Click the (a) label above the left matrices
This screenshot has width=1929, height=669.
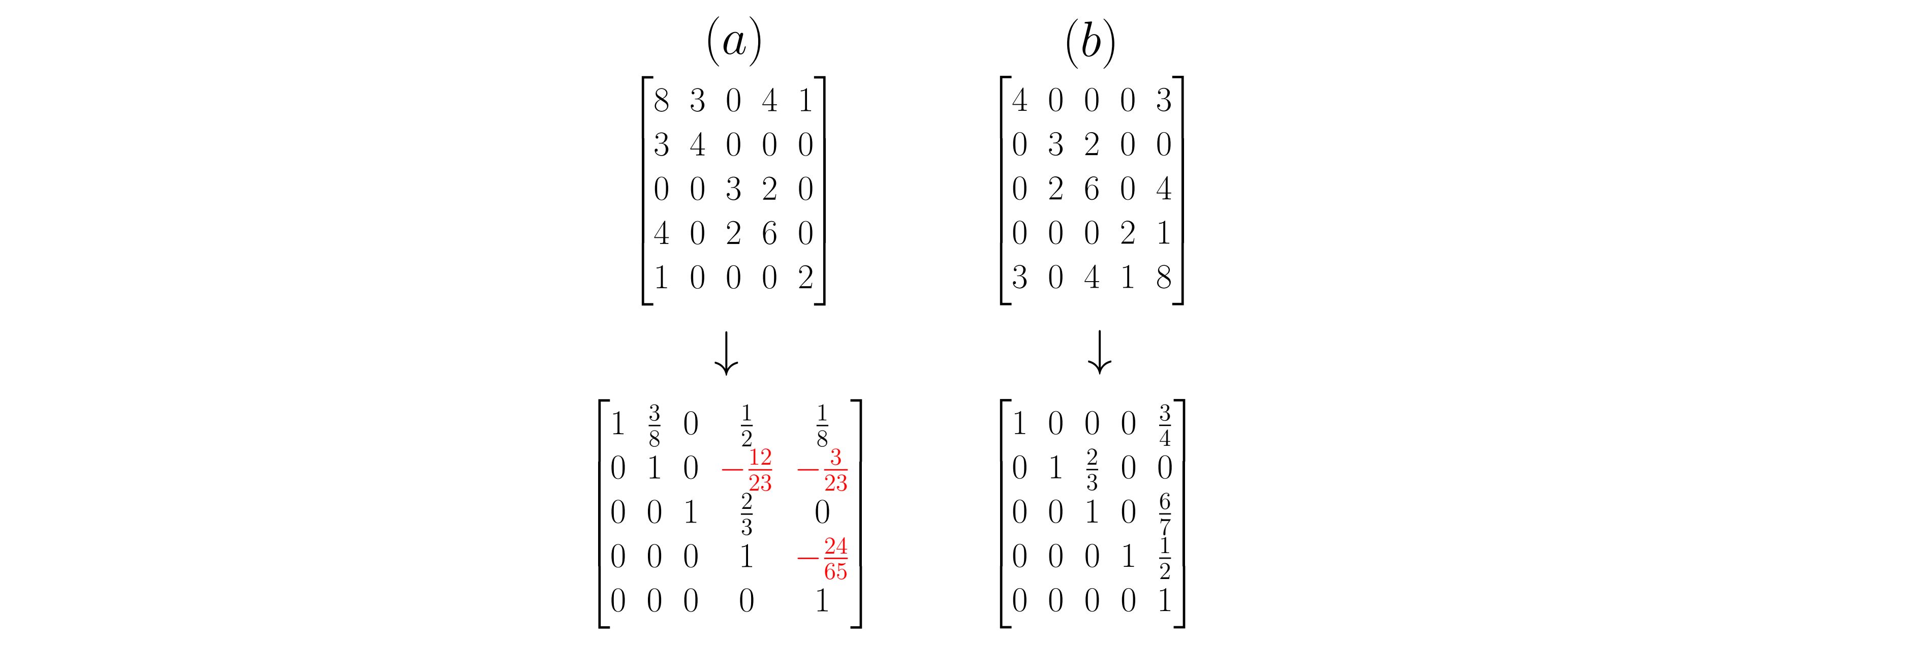point(734,42)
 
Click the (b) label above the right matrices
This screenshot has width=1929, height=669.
point(1091,42)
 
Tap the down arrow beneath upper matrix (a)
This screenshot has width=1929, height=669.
point(726,352)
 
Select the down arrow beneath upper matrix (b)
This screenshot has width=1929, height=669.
point(1099,352)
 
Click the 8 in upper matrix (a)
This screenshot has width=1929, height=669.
point(661,100)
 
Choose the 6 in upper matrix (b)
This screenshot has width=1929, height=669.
point(1091,189)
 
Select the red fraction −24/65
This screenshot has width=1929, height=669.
point(822,559)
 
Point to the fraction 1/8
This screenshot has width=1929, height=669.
point(822,425)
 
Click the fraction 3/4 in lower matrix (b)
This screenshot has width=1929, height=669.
point(1164,425)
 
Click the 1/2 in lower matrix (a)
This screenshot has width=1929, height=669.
point(746,425)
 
